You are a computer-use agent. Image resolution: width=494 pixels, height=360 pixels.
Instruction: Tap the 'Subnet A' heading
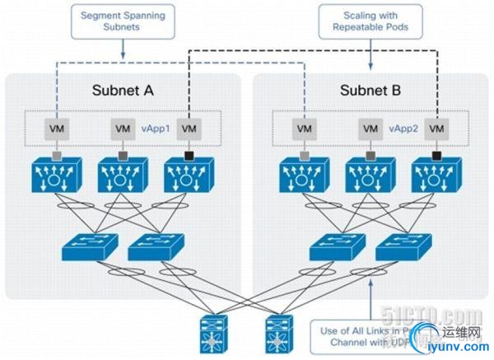123,90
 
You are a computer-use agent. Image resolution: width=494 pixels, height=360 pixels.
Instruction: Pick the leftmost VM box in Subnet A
56,129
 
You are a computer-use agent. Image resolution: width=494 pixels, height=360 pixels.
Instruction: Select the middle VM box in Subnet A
123,129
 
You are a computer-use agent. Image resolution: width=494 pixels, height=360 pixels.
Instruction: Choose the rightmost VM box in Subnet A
189,129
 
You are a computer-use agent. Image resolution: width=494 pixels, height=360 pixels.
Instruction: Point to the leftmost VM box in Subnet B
304,129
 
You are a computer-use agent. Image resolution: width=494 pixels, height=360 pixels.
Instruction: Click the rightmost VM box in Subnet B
436,129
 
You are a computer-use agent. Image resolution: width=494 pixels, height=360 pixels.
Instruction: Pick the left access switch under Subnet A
88,245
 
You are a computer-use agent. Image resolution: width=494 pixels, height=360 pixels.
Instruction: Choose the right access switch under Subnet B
402,245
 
